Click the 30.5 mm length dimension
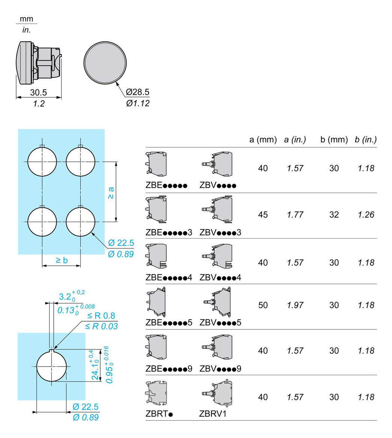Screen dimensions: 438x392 coord(38,92)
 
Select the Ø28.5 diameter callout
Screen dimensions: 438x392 coord(138,92)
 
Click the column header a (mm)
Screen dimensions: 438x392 coord(263,140)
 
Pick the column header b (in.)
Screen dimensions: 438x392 coord(366,140)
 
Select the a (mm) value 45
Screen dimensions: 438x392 coord(263,214)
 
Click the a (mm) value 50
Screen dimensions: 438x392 coord(263,305)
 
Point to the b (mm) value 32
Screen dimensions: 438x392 coord(334,214)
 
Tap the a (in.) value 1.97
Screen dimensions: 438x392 coord(295,305)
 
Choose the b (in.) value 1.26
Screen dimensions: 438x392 coord(366,214)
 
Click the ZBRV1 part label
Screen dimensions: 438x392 coord(213,414)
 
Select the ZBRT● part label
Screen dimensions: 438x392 coord(159,414)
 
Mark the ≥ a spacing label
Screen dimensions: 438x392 coord(111,192)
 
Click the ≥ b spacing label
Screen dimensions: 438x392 coord(62,260)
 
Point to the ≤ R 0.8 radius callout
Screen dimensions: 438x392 coord(101,316)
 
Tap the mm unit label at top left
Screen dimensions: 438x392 coord(26,19)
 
